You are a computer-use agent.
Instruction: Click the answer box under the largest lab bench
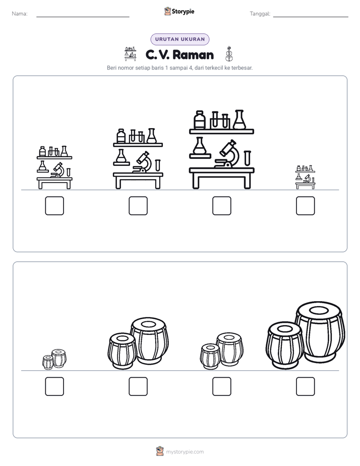point(221,206)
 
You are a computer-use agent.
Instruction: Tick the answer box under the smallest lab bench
point(306,206)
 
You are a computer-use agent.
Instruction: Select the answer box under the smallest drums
point(54,386)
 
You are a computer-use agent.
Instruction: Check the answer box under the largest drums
point(306,386)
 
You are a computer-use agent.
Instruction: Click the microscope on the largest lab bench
point(228,154)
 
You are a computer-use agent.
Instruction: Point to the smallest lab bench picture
point(306,177)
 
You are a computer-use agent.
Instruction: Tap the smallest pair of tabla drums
point(54,359)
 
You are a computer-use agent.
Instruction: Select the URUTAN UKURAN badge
point(180,39)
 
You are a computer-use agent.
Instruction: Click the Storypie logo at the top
point(179,12)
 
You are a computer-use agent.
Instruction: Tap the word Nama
point(20,14)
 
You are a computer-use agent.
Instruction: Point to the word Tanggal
point(260,14)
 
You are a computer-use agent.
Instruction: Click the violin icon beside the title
point(229,54)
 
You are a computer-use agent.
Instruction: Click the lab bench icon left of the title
point(131,54)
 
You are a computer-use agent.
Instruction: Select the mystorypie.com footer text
point(185,452)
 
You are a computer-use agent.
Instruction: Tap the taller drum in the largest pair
point(320,332)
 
